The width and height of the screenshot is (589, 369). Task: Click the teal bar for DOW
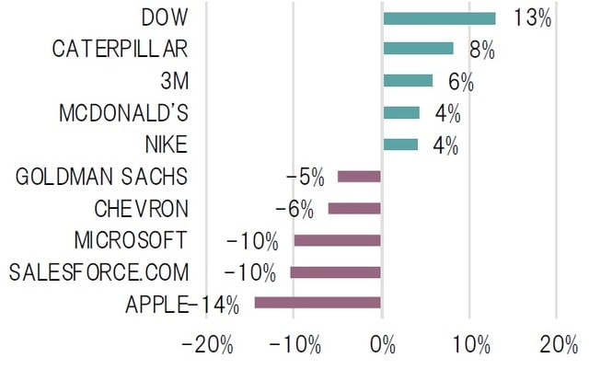(439, 17)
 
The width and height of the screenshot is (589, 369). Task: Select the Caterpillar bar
(418, 49)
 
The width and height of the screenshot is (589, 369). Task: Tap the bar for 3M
(408, 81)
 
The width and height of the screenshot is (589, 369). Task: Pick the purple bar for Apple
(318, 303)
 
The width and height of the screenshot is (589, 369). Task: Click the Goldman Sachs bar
(359, 177)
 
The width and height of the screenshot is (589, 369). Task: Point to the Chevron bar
(354, 208)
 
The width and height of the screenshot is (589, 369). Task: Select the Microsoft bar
(338, 240)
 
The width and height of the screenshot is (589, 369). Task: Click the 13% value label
(532, 17)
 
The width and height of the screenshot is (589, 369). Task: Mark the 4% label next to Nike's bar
(446, 145)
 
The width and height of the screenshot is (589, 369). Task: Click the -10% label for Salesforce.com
(251, 272)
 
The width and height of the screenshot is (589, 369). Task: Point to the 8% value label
(480, 50)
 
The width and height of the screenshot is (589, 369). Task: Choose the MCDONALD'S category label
(122, 113)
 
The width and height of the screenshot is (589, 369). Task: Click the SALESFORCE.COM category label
(98, 272)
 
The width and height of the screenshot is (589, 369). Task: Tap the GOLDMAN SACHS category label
(101, 177)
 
